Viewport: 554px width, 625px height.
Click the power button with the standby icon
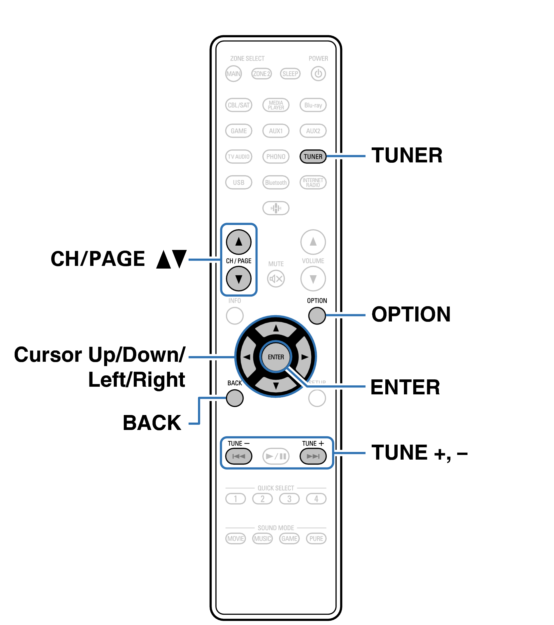tap(318, 74)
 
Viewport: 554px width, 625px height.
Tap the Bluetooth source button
tap(276, 182)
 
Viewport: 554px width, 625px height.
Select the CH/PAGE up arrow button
tap(239, 242)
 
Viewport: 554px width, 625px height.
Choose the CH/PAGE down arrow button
tap(239, 279)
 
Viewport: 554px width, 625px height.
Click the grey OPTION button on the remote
tap(317, 315)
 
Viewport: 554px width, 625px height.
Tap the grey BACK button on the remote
tap(235, 398)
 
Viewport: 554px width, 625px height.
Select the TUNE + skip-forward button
tap(313, 456)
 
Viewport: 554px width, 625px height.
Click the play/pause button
tap(276, 456)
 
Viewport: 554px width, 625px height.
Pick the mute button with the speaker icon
tap(276, 279)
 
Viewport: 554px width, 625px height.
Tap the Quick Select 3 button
tap(289, 499)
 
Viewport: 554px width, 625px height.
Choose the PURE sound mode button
tap(316, 538)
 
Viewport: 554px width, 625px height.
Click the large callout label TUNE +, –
tap(419, 453)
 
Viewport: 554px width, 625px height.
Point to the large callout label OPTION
tap(411, 314)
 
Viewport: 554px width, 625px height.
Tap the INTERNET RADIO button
tap(313, 182)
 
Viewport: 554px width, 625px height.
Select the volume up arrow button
tap(313, 242)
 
